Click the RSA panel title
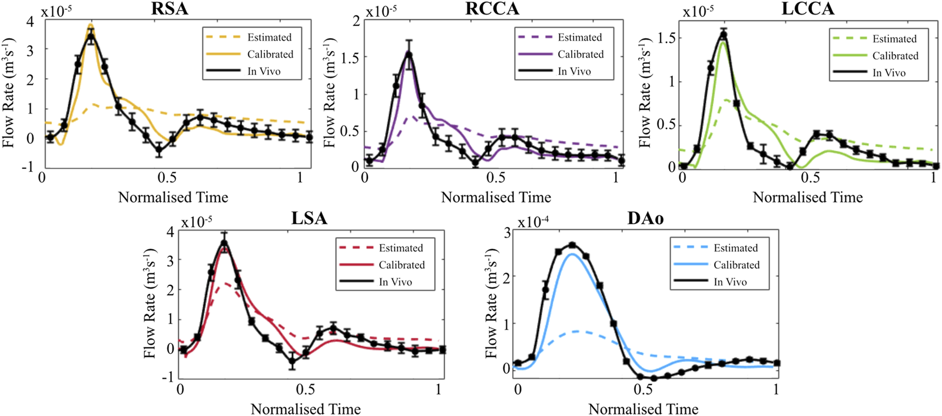170,9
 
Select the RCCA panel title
493,9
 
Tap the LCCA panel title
808,9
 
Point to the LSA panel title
309,218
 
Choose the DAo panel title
645,218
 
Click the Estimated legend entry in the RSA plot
269,37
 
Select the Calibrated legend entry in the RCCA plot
581,54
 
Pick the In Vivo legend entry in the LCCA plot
889,72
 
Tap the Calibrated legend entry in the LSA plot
402,265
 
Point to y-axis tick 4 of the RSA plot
31,22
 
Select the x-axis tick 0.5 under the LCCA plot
810,178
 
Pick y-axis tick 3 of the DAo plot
506,232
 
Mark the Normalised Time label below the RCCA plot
496,197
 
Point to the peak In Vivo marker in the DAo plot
572,245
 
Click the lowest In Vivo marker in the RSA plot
159,151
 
